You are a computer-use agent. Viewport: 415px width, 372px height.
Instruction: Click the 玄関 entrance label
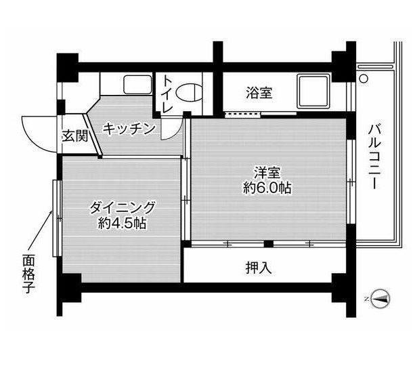(x=75, y=135)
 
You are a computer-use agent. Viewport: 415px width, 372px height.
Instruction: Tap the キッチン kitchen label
(x=131, y=129)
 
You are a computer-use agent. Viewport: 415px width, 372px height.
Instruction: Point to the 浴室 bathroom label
(x=259, y=92)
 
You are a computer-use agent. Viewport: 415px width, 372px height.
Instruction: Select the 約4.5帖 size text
(x=123, y=223)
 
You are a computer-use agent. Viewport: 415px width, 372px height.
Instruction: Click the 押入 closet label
(x=259, y=267)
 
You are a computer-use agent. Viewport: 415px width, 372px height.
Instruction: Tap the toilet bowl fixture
(x=193, y=92)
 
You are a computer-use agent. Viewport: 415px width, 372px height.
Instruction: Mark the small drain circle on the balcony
(x=364, y=79)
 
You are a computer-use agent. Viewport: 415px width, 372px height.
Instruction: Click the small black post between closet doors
(x=268, y=243)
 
